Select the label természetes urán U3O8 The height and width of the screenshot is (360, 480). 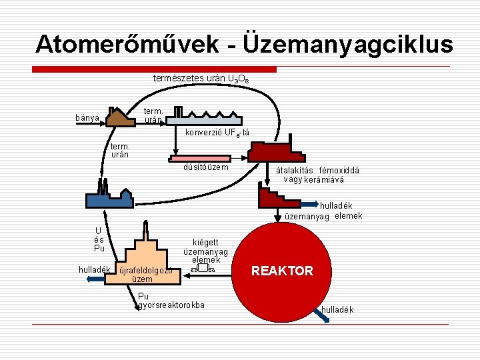tap(202, 79)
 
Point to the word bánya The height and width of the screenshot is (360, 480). tap(87, 118)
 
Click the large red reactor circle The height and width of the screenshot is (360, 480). tap(282, 270)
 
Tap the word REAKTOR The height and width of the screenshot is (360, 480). tap(282, 271)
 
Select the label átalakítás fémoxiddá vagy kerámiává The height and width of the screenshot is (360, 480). tap(318, 175)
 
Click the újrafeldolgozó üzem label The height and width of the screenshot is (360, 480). tap(143, 275)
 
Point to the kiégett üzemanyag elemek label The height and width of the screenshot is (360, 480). tap(209, 251)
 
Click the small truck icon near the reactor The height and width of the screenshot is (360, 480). tap(203, 269)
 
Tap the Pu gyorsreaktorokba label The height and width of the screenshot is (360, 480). tap(171, 301)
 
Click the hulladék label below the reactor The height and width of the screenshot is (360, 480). tap(337, 310)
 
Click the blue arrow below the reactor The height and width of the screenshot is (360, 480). tap(323, 316)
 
